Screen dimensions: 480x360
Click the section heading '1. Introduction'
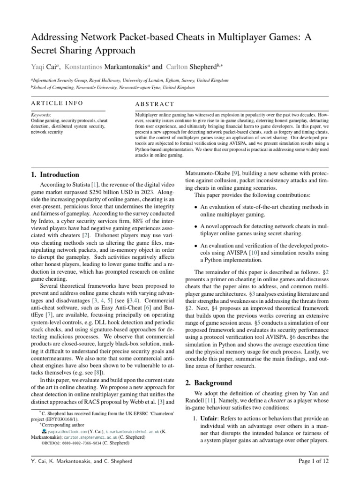click(x=52, y=175)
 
